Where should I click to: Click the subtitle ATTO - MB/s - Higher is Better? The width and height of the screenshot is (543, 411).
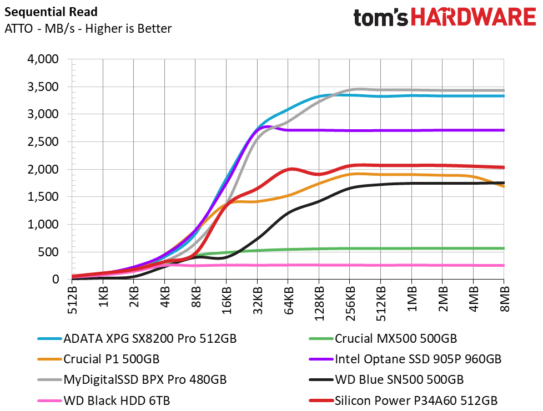[88, 29]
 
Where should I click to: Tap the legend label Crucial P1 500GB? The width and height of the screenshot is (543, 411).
[112, 359]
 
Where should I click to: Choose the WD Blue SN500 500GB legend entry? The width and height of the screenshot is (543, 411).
[399, 379]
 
